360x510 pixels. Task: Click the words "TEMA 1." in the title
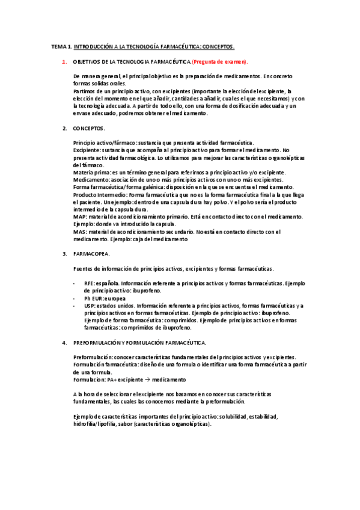(61, 46)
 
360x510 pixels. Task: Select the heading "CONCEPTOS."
(89, 129)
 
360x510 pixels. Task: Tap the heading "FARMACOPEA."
(91, 254)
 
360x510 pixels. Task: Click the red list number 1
(65, 62)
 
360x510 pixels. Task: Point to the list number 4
(65, 343)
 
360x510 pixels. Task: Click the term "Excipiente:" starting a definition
(87, 150)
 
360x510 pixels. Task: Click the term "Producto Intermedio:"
(100, 195)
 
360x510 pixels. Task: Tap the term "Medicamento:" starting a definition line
(91, 180)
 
